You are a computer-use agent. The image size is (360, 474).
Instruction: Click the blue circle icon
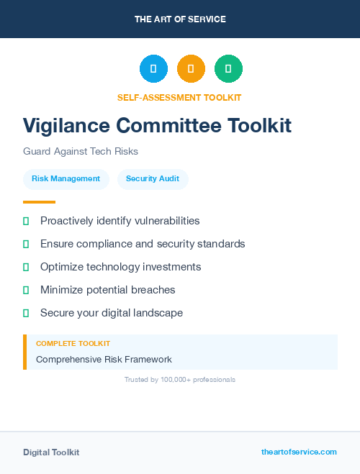coord(153,68)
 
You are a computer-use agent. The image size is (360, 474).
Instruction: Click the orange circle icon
coord(191,68)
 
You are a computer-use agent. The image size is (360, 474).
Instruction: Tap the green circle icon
coord(228,68)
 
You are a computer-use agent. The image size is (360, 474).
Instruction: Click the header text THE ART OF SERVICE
coord(180,19)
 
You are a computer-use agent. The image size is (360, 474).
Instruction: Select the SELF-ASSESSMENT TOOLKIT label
coord(179,97)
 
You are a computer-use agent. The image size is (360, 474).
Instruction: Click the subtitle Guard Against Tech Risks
coord(80,152)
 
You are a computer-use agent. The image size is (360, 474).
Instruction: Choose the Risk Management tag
coord(66,179)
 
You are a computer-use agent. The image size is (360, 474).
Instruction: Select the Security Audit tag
coord(153,179)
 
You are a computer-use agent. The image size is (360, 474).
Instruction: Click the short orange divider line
coord(39,202)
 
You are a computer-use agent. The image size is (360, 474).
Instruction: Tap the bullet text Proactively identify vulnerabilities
coord(120,221)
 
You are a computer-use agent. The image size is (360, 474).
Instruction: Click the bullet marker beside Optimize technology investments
coord(26,267)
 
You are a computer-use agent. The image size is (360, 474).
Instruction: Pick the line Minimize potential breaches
coord(107,290)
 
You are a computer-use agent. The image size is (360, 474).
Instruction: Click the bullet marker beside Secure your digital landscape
coord(26,313)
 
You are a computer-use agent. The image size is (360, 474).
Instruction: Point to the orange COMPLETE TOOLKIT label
coord(73,344)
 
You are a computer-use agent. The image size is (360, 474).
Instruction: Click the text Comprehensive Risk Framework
coord(104,359)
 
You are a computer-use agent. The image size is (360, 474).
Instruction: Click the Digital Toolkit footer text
coord(51,452)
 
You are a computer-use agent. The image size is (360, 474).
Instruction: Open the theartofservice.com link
coord(299,452)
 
